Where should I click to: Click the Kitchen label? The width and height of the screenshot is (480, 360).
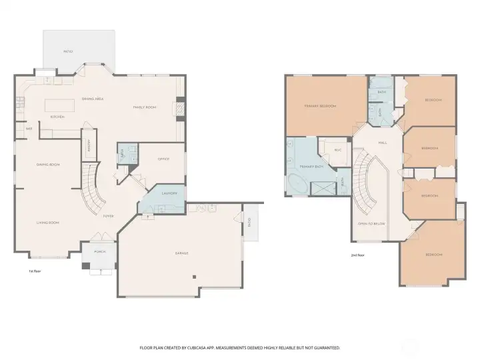[x=56, y=117]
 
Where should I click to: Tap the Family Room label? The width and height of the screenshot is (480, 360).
[x=145, y=107]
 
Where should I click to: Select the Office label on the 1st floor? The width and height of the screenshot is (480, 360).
[x=163, y=159]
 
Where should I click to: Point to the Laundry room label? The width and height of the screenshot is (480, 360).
[x=169, y=193]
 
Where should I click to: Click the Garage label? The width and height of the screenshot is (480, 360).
[x=181, y=253]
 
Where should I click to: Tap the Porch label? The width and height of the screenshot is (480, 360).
[x=99, y=252]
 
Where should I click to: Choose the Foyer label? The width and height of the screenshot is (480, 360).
[x=107, y=216]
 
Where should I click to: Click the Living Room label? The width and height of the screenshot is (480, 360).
[x=48, y=223]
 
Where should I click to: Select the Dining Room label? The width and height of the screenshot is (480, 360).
[x=49, y=164]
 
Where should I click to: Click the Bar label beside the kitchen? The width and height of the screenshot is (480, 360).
[x=29, y=128]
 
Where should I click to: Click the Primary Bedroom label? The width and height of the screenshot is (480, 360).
[x=320, y=106]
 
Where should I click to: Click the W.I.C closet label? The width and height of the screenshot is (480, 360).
[x=337, y=150]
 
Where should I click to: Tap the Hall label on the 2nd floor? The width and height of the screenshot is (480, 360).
[x=383, y=143]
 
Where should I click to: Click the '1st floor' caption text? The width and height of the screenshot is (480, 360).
[x=35, y=271]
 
